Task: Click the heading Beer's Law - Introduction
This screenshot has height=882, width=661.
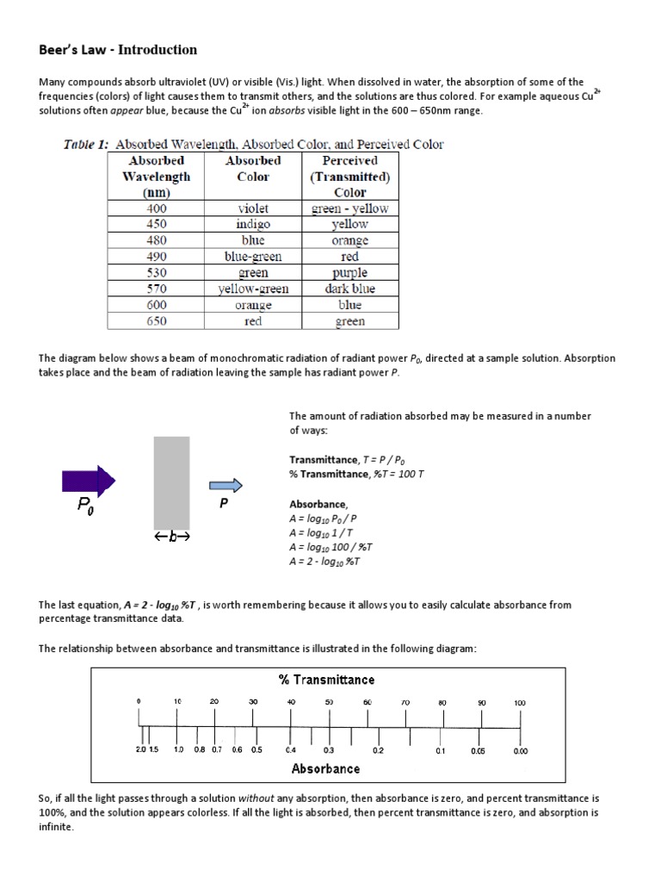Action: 118,50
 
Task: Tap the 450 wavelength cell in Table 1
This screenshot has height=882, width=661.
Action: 157,224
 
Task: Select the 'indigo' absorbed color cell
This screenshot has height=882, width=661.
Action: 253,224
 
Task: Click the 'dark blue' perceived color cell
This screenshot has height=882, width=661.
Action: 349,289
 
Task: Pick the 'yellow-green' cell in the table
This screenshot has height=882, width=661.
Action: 253,289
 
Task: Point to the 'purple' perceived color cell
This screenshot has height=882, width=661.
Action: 349,273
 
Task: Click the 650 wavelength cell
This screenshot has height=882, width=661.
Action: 157,321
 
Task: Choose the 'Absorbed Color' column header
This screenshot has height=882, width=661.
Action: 253,168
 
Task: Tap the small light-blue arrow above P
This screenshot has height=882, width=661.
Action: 226,486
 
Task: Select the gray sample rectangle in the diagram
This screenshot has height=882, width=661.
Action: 171,482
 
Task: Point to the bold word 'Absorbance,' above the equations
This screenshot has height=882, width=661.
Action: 318,505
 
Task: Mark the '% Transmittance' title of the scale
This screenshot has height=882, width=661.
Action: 326,680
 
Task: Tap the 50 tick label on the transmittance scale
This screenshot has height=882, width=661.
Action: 329,703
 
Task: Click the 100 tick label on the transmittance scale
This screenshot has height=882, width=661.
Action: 520,703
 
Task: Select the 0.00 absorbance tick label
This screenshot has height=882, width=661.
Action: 520,751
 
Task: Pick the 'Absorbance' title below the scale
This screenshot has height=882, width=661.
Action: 325,768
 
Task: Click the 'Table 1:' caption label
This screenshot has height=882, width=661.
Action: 86,144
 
